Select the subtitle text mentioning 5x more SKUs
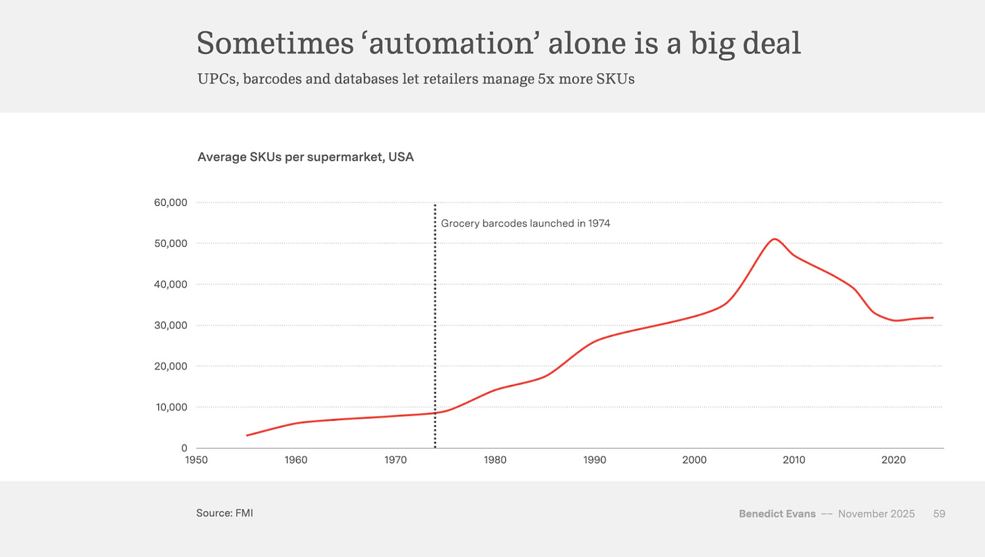pos(415,79)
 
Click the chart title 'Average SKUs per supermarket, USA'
pos(305,158)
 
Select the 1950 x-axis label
pos(196,460)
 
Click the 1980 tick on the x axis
pos(495,460)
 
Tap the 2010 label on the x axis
pos(794,460)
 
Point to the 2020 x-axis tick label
pos(893,460)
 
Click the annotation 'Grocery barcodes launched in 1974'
pos(525,223)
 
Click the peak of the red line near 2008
pos(775,239)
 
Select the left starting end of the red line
pos(247,435)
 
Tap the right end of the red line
pos(933,317)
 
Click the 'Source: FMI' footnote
pos(225,513)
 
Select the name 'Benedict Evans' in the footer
pos(777,514)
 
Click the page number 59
pos(939,514)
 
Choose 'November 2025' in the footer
pos(876,514)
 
